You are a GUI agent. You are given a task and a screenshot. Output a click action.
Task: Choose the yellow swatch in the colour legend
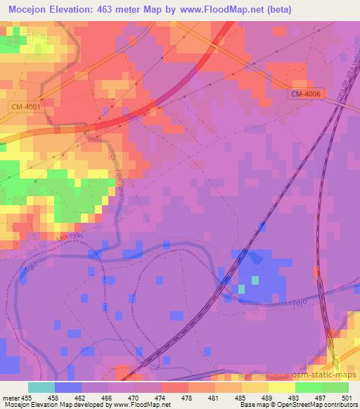pyautogui.click(x=281, y=387)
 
